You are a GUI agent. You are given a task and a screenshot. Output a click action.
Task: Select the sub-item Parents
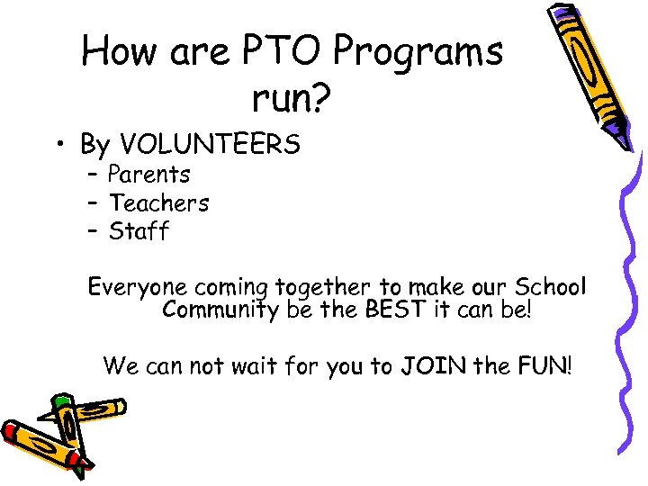(x=149, y=174)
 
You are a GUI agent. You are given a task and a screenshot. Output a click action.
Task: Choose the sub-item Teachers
(x=158, y=203)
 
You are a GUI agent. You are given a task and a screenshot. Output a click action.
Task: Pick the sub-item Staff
(x=139, y=232)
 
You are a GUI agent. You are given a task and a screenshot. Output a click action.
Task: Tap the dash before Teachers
(x=93, y=203)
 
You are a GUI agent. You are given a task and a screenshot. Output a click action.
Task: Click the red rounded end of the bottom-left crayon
(x=13, y=432)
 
